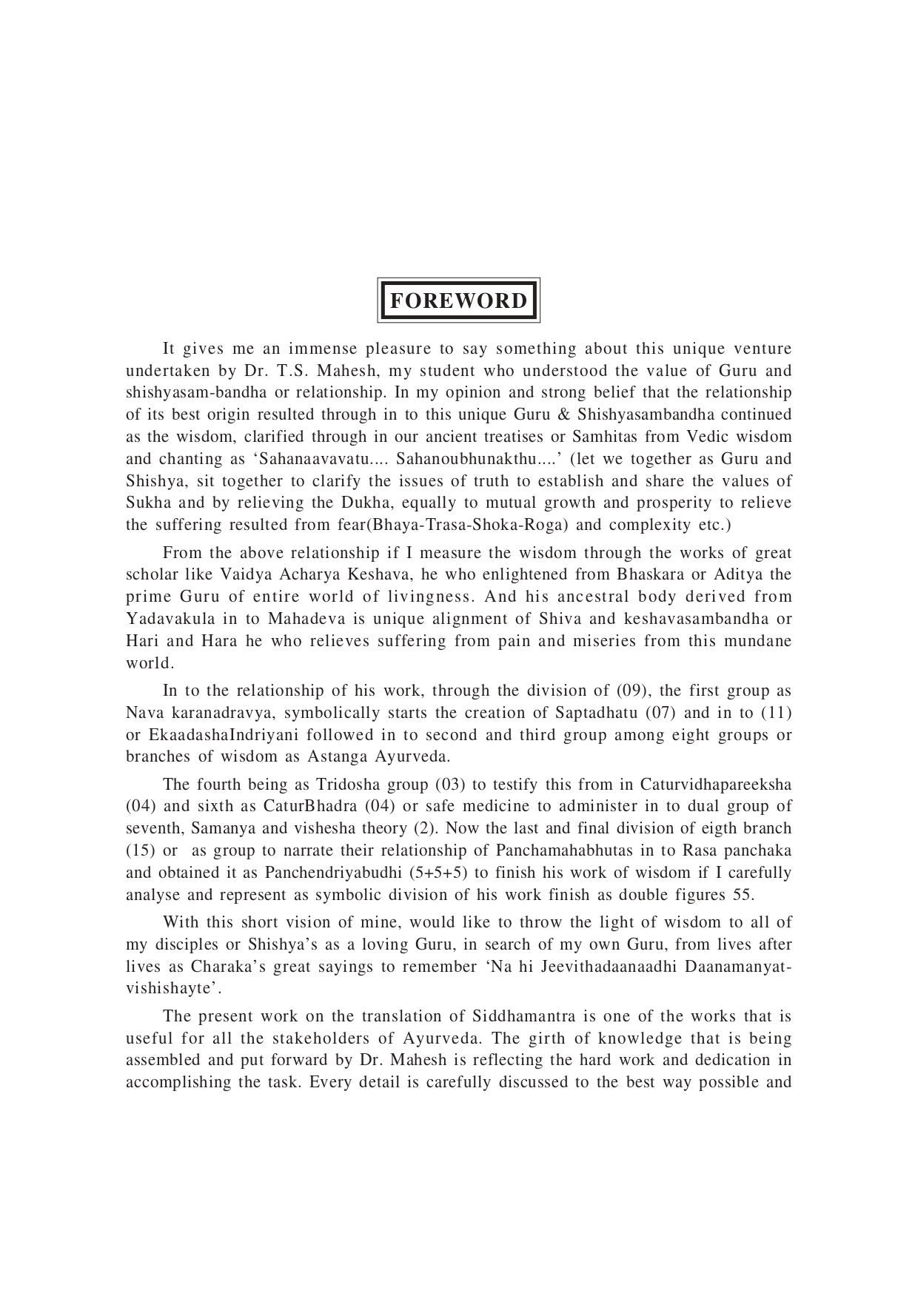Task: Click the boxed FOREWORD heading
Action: point(458,301)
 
